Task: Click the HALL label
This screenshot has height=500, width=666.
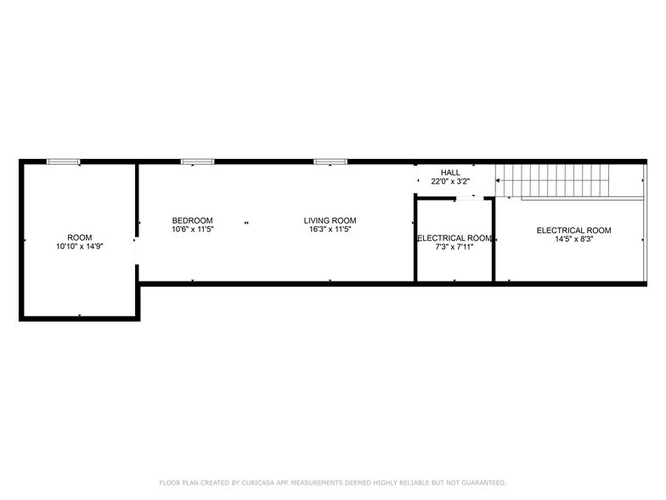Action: pos(450,173)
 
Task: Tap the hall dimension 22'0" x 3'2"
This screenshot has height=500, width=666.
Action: pos(450,181)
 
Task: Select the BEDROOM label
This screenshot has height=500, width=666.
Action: pos(192,220)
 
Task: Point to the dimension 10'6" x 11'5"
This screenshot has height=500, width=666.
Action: pos(192,229)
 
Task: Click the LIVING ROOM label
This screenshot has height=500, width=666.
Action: pos(330,220)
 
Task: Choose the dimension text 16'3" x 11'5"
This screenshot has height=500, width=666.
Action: pos(330,229)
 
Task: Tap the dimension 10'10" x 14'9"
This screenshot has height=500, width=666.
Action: pos(80,246)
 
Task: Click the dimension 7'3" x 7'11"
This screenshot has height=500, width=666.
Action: pos(454,247)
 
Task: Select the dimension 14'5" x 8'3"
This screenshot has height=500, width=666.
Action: pos(573,239)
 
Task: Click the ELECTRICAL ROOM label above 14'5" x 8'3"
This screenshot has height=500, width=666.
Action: pos(573,230)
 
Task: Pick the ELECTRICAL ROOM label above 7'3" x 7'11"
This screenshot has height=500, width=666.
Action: pos(454,238)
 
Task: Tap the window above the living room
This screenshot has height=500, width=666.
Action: pos(330,161)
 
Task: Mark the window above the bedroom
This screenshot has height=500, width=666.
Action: pos(197,161)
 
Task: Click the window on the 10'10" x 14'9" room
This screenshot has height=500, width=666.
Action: pos(64,161)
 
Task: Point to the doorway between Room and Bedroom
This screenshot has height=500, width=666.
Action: pos(137,251)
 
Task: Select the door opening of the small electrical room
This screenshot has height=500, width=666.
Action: pos(466,198)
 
